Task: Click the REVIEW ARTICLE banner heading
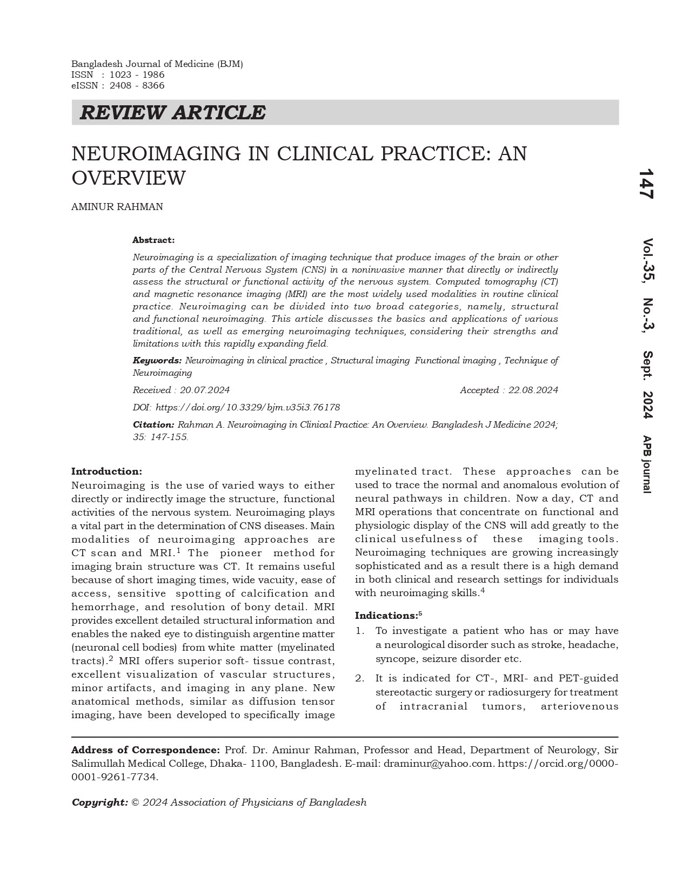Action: [x=172, y=113]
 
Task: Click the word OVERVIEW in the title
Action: [x=129, y=178]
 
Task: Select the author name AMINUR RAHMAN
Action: [x=117, y=207]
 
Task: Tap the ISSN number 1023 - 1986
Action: [x=137, y=75]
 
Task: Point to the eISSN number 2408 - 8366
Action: [x=137, y=85]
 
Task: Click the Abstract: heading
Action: [x=153, y=240]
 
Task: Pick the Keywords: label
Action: [x=157, y=360]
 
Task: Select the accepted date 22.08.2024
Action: [x=533, y=390]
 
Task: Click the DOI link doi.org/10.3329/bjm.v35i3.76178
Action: [x=247, y=407]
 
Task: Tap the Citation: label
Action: [x=153, y=424]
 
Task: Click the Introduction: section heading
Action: [x=106, y=471]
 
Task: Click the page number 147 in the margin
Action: [x=646, y=184]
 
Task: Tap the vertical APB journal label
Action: [x=647, y=464]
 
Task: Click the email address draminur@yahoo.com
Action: [x=438, y=764]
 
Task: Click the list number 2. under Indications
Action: [x=360, y=678]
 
